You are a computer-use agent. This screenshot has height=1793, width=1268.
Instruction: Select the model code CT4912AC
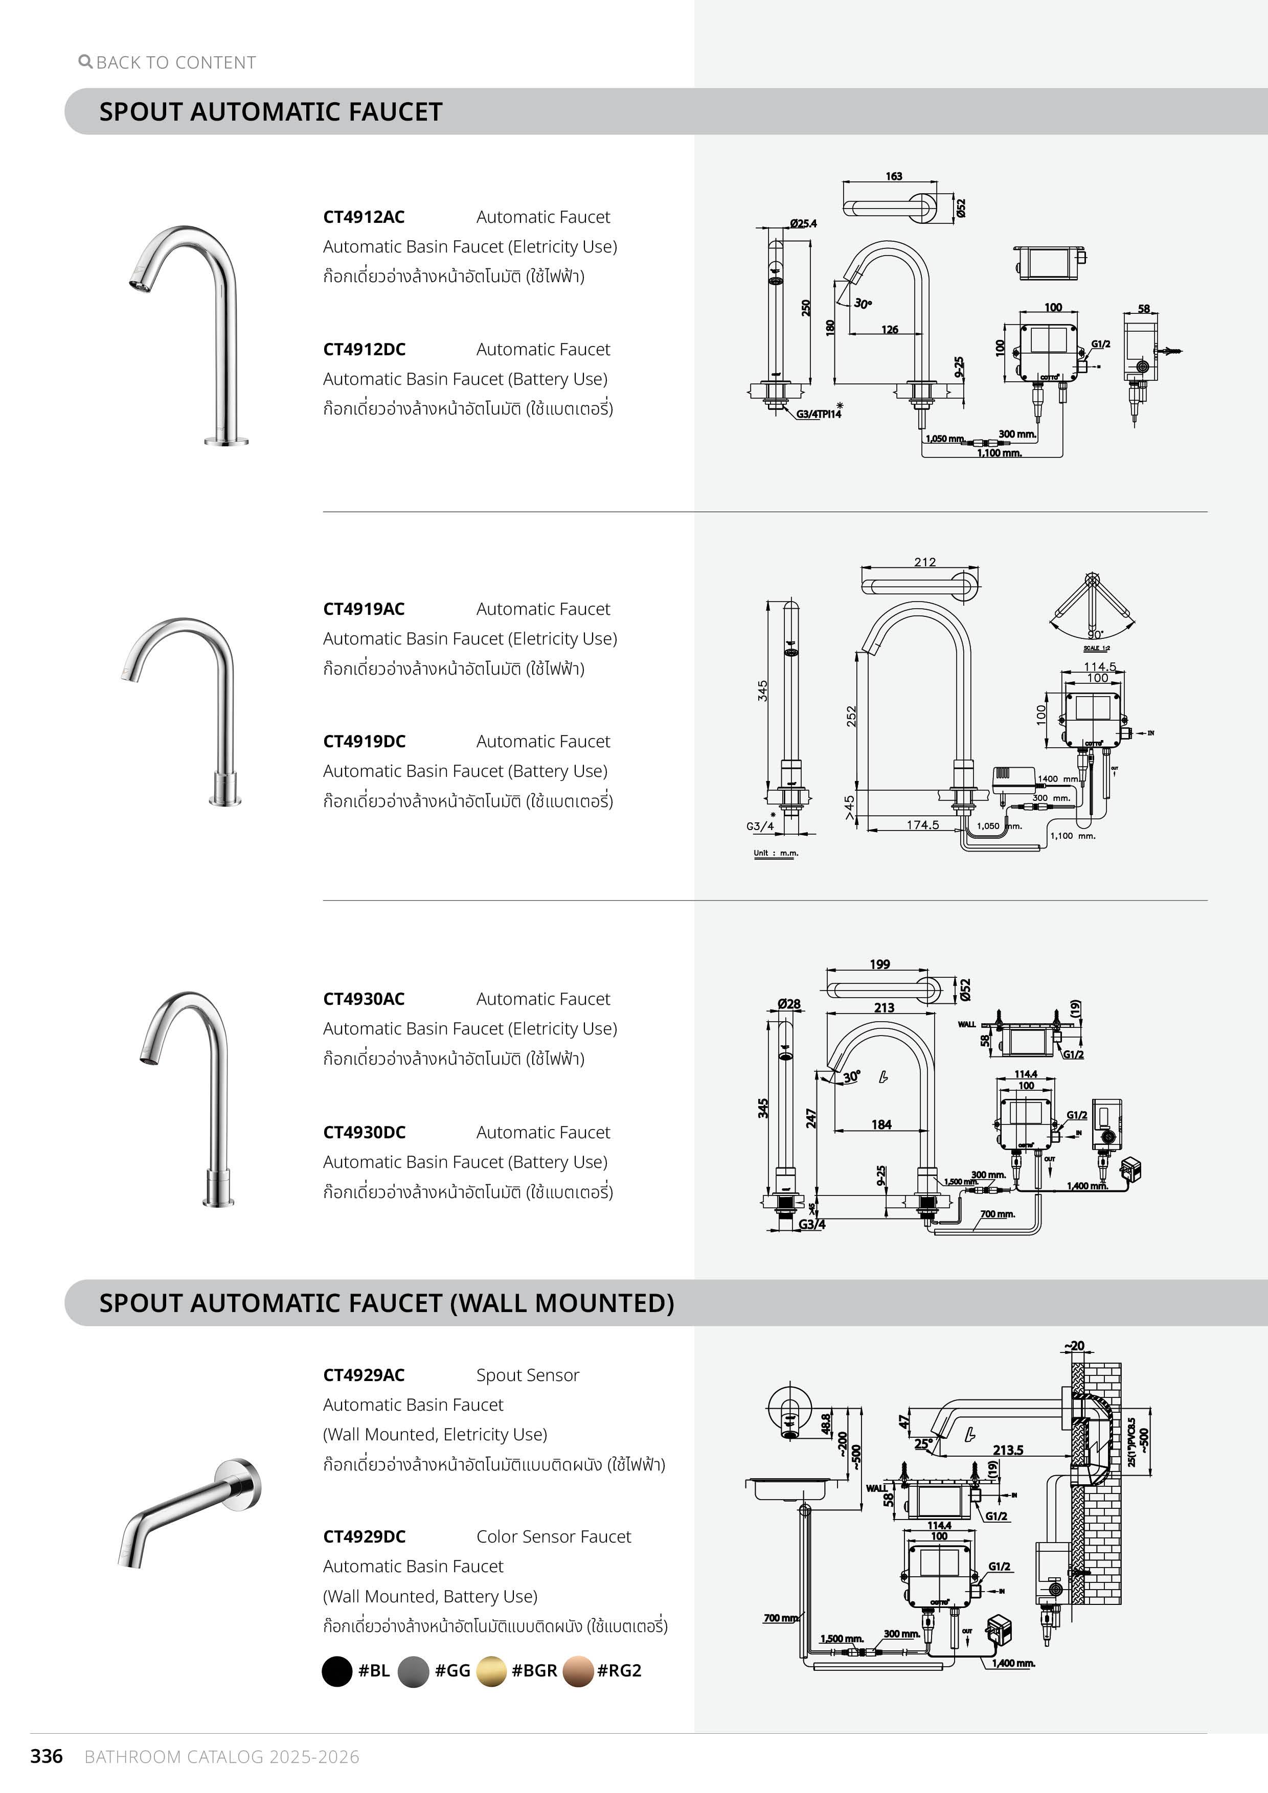(364, 217)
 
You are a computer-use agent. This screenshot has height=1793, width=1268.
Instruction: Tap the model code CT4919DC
(364, 741)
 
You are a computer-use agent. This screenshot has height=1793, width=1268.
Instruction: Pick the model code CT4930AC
(364, 999)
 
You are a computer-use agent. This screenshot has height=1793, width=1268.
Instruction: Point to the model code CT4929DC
(364, 1536)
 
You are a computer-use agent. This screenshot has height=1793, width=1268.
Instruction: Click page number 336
(46, 1756)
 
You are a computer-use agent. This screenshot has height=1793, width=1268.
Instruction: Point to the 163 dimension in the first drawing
(894, 176)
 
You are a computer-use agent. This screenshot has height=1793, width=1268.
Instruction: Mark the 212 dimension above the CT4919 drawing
(924, 562)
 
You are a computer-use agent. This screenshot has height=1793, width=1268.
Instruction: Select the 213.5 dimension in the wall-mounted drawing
(1008, 1450)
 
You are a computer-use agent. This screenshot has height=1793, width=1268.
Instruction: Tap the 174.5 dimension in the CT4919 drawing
(923, 824)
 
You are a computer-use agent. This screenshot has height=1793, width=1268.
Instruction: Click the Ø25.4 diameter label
(803, 223)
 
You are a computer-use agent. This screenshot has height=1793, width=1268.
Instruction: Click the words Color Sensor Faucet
(553, 1536)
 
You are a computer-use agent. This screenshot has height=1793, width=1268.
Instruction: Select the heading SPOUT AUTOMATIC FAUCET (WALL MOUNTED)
(386, 1302)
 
